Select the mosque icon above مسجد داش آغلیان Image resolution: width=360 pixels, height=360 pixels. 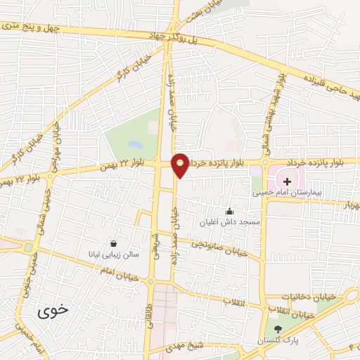coord(229,211)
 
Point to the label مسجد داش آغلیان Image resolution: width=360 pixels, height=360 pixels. coord(229,221)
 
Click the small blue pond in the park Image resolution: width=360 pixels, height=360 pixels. coord(135,146)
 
